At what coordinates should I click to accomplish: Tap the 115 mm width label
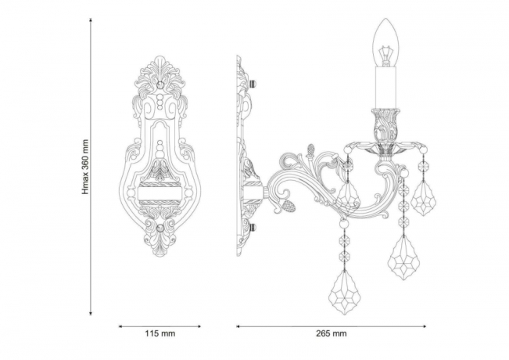point(160,334)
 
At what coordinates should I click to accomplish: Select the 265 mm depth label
point(332,334)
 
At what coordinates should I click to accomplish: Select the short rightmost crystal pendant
point(424,197)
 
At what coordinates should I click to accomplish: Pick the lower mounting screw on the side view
point(256,228)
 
